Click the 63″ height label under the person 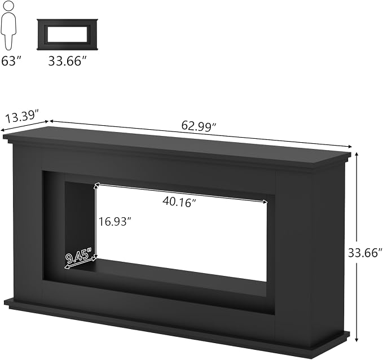pyautogui.click(x=11, y=61)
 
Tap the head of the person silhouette pyautogui.click(x=8, y=6)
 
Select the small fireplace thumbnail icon pyautogui.click(x=68, y=34)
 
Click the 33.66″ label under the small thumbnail pyautogui.click(x=68, y=61)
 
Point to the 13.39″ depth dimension pyautogui.click(x=23, y=116)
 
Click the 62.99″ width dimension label pyautogui.click(x=199, y=126)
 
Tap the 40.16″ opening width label pyautogui.click(x=179, y=202)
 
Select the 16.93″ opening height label pyautogui.click(x=115, y=222)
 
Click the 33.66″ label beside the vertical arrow pyautogui.click(x=365, y=253)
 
